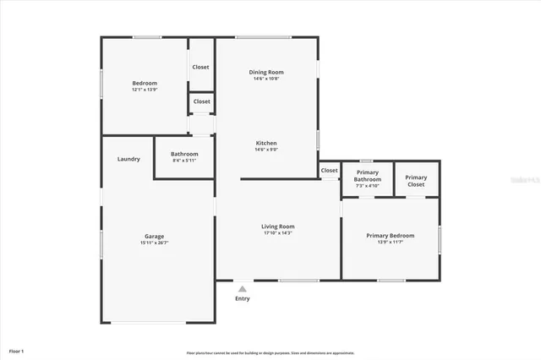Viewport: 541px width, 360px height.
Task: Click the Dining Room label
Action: (x=266, y=73)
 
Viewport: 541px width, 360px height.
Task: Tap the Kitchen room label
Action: (x=266, y=144)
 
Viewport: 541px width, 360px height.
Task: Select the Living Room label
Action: (x=277, y=226)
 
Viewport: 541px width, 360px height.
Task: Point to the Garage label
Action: (x=154, y=237)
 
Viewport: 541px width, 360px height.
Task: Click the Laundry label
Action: (x=128, y=159)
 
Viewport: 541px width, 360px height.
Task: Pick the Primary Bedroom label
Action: (x=390, y=236)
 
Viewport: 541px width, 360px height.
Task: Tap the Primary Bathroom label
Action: (x=368, y=176)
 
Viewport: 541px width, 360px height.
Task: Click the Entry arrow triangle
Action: (x=243, y=287)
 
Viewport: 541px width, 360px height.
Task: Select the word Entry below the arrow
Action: (x=243, y=298)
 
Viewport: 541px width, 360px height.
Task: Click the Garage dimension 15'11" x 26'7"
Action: (x=154, y=243)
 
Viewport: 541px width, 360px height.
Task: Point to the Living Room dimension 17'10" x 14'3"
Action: (x=277, y=233)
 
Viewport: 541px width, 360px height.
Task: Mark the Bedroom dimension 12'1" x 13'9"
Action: (x=145, y=90)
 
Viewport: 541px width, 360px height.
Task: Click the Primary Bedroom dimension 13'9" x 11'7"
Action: (x=390, y=243)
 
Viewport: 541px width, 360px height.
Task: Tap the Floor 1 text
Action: (x=17, y=350)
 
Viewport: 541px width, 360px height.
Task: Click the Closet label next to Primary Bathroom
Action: (x=329, y=171)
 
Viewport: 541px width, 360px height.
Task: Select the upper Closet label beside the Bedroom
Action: (x=201, y=67)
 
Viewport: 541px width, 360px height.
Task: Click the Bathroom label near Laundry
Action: (x=184, y=154)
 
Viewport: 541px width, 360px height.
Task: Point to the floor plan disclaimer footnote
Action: (x=270, y=352)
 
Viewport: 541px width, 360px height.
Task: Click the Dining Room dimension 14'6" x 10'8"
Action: (x=266, y=79)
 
